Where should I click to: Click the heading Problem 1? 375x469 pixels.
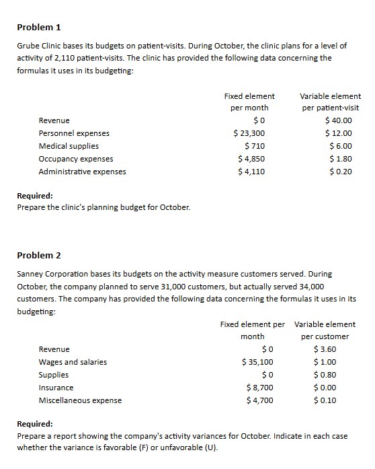[39, 28]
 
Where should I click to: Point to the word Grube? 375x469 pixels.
[28, 45]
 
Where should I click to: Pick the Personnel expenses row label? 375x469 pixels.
[74, 133]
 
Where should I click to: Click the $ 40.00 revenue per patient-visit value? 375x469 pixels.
[338, 120]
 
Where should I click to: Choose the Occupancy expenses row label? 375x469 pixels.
[76, 159]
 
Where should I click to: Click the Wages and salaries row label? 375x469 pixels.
[73, 362]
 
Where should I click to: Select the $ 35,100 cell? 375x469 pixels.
[257, 362]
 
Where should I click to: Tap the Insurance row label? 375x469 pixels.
[56, 388]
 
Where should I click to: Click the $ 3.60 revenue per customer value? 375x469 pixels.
[325, 349]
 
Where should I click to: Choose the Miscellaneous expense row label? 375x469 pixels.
[80, 400]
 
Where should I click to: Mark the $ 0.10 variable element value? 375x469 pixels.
[325, 400]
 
